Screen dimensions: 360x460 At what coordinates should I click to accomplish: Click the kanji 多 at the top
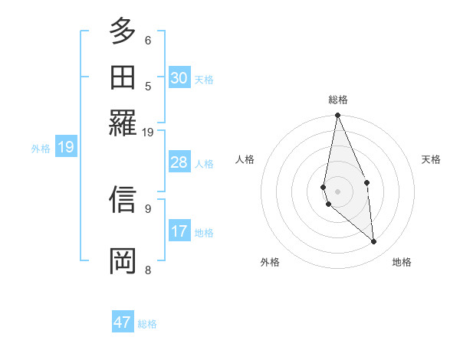pos(123,32)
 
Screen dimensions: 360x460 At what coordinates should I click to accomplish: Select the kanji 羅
pos(123,122)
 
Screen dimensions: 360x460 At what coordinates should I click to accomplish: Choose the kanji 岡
pos(123,260)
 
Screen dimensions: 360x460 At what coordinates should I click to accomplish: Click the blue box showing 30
pos(179,78)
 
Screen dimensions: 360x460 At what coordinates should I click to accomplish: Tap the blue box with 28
pos(179,162)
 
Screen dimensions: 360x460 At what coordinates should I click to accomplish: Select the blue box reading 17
pos(179,231)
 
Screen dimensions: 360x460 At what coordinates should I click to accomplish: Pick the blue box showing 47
pos(123,322)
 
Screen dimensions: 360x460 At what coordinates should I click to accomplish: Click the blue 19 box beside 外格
pos(66,147)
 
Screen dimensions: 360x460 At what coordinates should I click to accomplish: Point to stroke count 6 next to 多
pos(148,40)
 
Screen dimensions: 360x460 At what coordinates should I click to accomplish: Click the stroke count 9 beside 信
pos(148,208)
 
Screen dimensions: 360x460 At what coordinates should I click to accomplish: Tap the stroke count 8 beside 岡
pos(148,269)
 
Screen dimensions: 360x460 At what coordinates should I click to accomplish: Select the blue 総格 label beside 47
pos(147,324)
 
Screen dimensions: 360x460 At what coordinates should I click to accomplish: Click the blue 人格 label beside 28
pos(204,164)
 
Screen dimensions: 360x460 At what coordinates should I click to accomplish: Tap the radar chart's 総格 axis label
pos(338,100)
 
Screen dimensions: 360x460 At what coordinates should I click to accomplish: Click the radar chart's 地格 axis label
pos(402,262)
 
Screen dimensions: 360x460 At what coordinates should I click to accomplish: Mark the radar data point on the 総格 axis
pos(337,116)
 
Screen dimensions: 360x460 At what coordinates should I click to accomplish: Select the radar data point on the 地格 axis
pos(374,241)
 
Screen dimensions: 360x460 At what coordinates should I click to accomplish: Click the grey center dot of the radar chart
pos(337,191)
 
